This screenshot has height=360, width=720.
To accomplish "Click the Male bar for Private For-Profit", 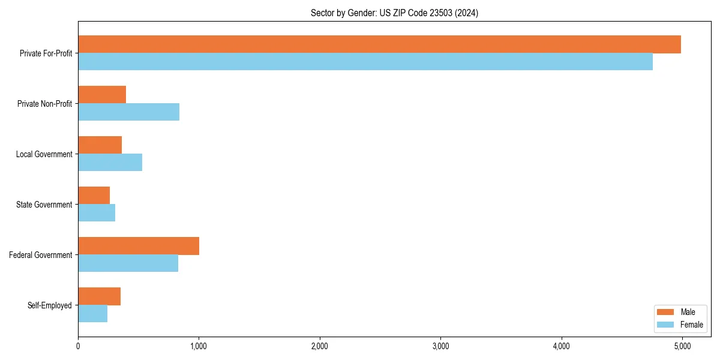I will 379,44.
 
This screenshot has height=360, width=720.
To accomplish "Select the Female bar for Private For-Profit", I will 365,62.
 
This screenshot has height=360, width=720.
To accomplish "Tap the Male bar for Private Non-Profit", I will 102,95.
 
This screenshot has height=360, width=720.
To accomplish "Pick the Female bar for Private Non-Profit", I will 128,112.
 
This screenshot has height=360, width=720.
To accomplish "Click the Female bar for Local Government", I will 110,163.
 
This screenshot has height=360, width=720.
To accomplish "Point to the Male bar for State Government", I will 94,196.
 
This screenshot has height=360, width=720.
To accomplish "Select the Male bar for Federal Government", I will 139,246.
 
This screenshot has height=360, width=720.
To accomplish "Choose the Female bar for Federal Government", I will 128,263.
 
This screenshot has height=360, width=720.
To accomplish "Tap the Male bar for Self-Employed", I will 99,296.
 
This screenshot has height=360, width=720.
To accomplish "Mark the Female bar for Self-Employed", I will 92,314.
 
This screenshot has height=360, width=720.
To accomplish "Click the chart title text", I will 394,13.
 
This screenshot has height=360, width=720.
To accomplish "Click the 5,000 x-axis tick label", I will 682,346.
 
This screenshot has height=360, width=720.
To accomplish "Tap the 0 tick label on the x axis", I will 78,346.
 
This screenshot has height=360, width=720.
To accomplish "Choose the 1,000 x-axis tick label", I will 199,346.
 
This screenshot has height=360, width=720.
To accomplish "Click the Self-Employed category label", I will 50,305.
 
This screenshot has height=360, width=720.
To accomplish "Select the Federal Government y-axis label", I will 41,255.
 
